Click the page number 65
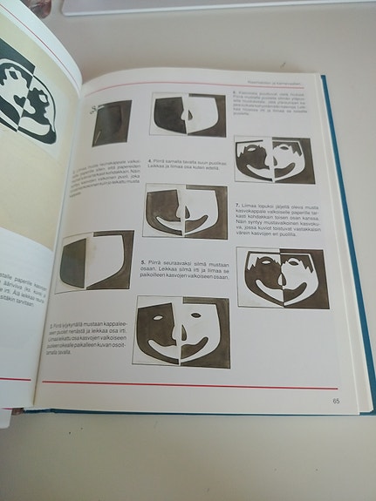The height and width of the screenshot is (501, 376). point(335,401)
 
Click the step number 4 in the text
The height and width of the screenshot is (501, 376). point(150,161)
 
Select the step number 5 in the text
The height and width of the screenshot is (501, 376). point(143,261)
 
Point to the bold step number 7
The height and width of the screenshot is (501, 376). point(238,204)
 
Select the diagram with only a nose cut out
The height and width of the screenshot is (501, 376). point(188,115)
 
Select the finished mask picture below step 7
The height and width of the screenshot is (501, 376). point(284,279)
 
